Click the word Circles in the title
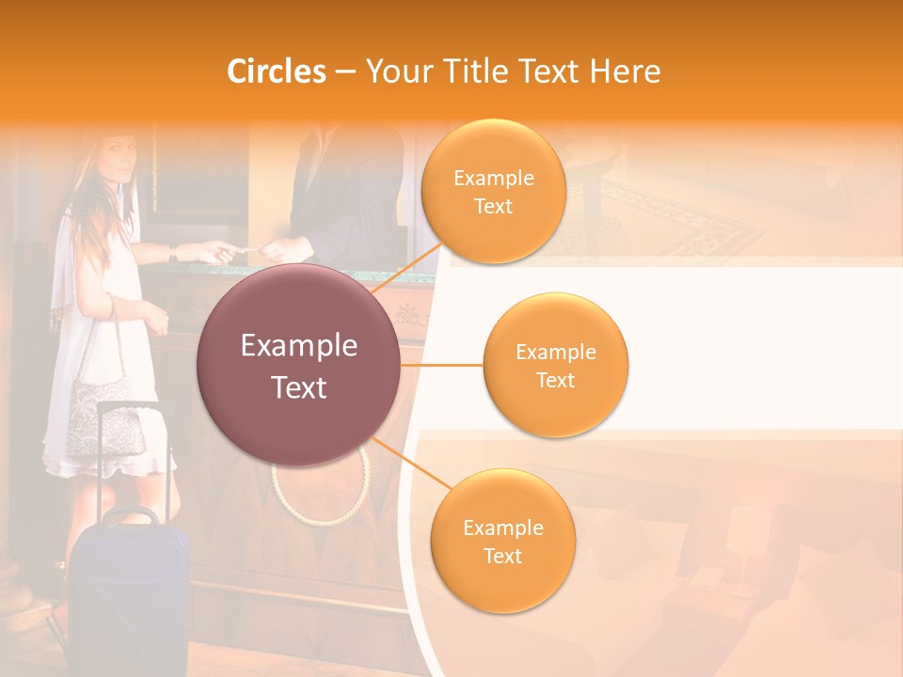point(277,71)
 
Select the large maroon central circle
point(299,365)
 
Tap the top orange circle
point(493,191)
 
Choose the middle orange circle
point(555,365)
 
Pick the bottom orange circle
point(502,542)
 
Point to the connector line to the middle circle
point(442,365)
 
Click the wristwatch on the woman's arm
point(173,253)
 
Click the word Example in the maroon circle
point(299,346)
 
